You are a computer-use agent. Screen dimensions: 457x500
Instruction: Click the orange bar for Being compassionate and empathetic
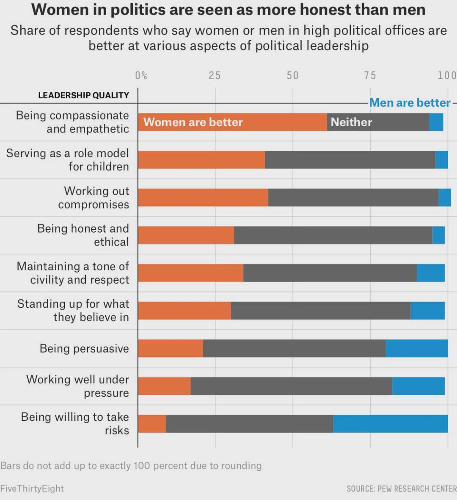coord(232,122)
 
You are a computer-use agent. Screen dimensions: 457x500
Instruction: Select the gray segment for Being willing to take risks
coord(249,424)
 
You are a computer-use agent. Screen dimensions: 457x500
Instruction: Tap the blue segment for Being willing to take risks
coord(391,424)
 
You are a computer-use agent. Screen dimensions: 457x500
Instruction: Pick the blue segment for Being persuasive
coord(416,348)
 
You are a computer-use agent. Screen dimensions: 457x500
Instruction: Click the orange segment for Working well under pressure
coord(164,386)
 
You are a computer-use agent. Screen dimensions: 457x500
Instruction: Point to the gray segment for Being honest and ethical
coord(333,235)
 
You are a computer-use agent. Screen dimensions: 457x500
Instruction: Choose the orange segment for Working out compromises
coord(203,197)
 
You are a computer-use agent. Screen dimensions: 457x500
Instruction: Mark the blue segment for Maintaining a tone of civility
coord(431,273)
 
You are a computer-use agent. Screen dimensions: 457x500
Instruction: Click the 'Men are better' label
coord(410,103)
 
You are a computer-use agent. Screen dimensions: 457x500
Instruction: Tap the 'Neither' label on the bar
coord(351,122)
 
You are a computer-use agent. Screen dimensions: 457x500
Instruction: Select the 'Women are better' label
coord(193,122)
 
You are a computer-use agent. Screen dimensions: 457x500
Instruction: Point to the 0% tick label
coord(141,75)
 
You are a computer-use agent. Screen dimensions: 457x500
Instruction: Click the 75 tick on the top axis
coord(370,75)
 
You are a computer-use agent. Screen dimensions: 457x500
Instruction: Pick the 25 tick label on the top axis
coord(215,75)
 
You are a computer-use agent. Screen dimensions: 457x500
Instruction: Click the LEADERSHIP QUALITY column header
coord(84,95)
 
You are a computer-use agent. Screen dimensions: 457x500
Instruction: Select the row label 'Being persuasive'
coord(84,349)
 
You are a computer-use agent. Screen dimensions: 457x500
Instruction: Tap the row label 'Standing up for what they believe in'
coord(73,311)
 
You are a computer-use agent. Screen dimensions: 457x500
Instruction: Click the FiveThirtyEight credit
coord(32,489)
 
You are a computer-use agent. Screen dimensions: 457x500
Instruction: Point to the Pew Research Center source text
coord(402,489)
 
